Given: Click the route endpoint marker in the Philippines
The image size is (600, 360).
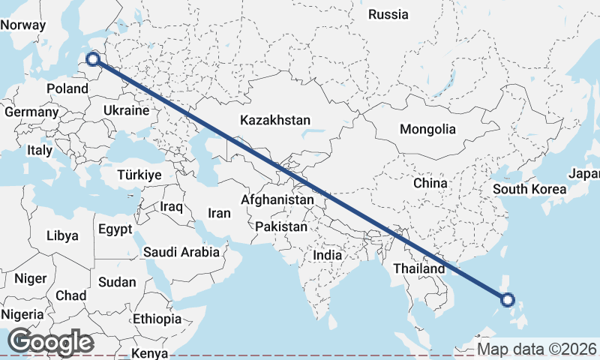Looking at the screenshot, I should (x=508, y=300).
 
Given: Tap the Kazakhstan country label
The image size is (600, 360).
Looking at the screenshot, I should (x=275, y=120).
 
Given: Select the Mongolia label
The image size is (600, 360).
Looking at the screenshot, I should (x=427, y=129).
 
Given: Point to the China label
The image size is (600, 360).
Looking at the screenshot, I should (x=430, y=182).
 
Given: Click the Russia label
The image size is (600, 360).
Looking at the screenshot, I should (x=388, y=14).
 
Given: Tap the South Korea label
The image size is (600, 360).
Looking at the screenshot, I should (x=529, y=188).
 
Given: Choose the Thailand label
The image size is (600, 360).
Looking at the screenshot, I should (x=421, y=268).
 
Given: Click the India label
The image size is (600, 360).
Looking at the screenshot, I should (x=328, y=255).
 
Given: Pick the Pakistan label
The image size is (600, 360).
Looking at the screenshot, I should (x=281, y=226).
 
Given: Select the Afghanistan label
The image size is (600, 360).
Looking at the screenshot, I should (x=277, y=200).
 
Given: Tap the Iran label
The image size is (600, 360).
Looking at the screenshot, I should (x=219, y=213).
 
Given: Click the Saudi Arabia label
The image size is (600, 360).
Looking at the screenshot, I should (x=181, y=253).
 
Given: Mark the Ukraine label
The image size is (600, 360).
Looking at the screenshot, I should (x=127, y=110).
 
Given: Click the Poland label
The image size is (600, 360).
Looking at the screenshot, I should (x=67, y=88).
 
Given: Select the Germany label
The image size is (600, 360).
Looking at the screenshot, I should (x=31, y=112).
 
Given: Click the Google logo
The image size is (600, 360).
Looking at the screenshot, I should (x=50, y=342).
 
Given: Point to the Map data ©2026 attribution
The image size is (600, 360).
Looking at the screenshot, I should (x=537, y=349).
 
